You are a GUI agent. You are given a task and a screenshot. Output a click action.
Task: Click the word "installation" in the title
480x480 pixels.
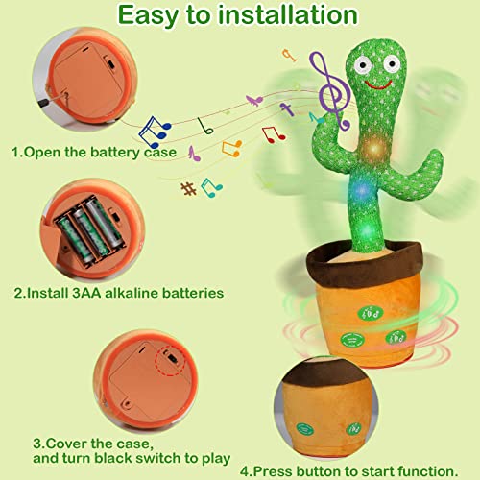[287, 15]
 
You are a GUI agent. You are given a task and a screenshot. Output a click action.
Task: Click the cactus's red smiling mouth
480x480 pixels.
[378, 84]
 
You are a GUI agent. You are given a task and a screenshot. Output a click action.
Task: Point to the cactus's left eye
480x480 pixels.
[363, 65]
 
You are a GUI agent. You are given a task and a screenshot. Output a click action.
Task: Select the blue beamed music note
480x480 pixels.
[155, 132]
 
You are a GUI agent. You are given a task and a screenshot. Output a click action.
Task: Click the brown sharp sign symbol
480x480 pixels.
[188, 188]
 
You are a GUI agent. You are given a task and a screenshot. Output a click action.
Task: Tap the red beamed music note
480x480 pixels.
[274, 134]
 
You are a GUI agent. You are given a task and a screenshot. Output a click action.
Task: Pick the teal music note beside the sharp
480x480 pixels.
[210, 187]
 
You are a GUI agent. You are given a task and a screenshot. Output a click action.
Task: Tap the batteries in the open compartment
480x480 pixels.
[91, 229]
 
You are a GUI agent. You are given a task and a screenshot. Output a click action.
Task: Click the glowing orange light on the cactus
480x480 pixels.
[374, 148]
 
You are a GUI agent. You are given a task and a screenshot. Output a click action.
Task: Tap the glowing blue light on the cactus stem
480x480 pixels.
[362, 190]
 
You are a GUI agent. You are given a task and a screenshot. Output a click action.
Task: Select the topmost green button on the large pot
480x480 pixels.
[370, 313]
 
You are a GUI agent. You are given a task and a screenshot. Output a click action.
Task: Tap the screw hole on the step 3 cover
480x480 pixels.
[127, 403]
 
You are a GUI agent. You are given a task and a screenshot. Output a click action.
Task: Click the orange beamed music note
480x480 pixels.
[231, 149]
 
